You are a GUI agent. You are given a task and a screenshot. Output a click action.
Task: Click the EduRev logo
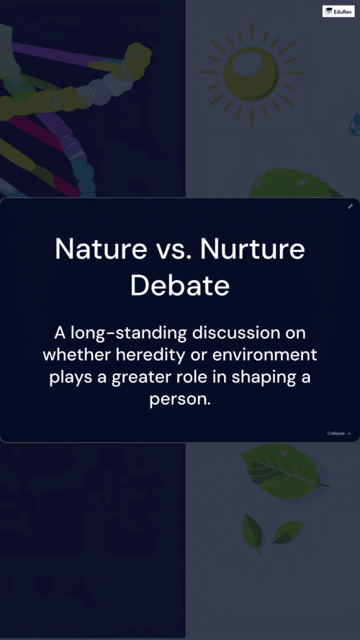[338, 11]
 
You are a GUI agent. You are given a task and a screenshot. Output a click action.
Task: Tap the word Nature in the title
[101, 249]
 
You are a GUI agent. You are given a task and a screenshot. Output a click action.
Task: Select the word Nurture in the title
[253, 249]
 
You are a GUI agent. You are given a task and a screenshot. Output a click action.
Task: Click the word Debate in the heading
[180, 286]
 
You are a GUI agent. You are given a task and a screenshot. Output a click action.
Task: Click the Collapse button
[339, 433]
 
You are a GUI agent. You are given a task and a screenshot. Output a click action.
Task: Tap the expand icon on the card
[350, 207]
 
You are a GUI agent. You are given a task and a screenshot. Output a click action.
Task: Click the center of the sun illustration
[251, 73]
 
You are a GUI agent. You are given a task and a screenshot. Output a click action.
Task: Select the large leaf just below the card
[284, 472]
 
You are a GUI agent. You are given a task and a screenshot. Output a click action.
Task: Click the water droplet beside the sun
[354, 125]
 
